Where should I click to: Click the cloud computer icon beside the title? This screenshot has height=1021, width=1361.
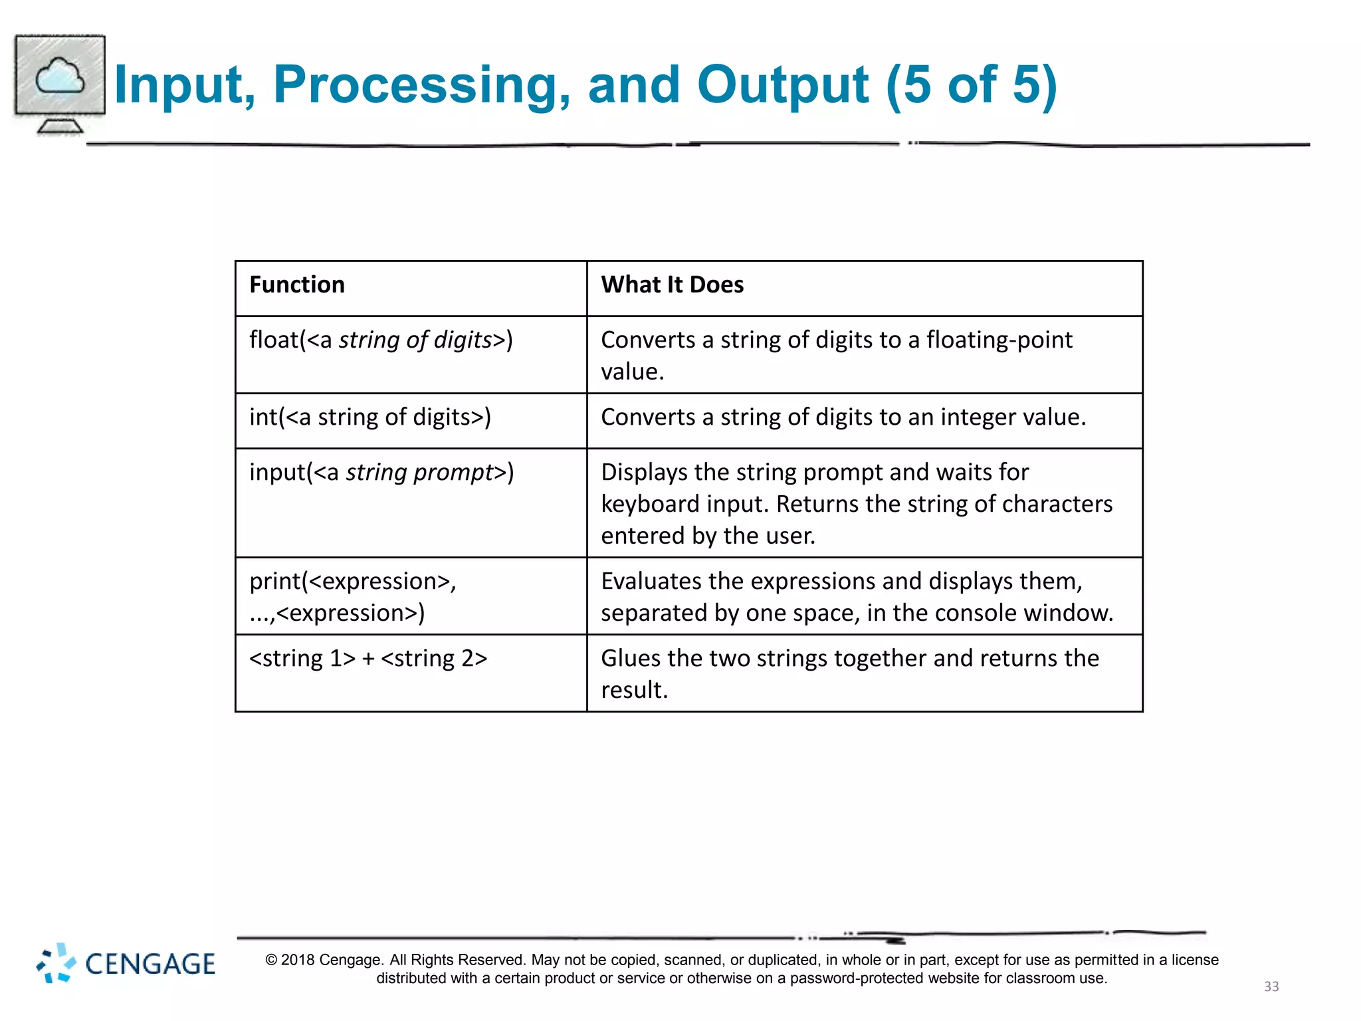tap(60, 83)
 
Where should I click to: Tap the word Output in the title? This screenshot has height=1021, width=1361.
tap(782, 85)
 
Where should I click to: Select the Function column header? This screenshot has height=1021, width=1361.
tap(297, 284)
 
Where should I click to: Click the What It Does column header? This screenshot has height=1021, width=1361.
tap(672, 284)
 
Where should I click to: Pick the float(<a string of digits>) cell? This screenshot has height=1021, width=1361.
tap(381, 340)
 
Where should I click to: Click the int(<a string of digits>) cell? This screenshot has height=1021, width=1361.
tap(370, 417)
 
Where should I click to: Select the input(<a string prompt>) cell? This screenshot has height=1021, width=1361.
tap(381, 472)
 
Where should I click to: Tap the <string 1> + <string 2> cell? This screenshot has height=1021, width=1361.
tap(368, 658)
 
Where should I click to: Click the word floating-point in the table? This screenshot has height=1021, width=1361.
tap(999, 340)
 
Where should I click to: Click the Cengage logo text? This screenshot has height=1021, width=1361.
tap(150, 964)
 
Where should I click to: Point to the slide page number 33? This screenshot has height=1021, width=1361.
tap(1271, 986)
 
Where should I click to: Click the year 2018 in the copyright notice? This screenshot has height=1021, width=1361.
tap(298, 960)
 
